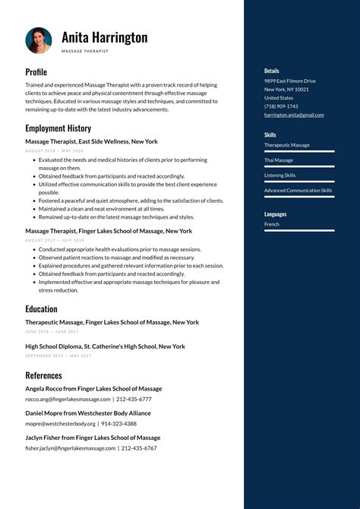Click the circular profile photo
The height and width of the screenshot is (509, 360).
tap(39, 41)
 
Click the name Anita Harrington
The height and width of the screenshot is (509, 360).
tap(105, 37)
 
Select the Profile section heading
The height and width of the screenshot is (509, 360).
tap(36, 72)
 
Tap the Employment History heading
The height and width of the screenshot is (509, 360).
tap(58, 128)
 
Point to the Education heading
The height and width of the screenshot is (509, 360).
tap(41, 309)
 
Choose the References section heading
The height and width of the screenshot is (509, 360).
tap(43, 375)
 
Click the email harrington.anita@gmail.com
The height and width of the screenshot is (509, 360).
tap(294, 115)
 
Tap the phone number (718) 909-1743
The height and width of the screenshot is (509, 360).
tap(281, 106)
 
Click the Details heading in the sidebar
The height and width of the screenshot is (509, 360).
tap(272, 71)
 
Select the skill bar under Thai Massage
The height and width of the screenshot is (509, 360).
tap(299, 167)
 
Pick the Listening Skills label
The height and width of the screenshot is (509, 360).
tap(280, 175)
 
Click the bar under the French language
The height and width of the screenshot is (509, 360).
tap(299, 231)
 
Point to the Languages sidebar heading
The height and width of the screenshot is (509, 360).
tap(275, 214)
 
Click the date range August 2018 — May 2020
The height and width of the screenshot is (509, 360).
tap(54, 150)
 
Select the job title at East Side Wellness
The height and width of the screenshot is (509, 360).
tap(91, 141)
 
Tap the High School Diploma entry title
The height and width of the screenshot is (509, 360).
tap(105, 346)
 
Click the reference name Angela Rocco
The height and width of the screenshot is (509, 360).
tap(93, 389)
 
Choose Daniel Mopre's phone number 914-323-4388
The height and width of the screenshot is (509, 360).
tap(119, 424)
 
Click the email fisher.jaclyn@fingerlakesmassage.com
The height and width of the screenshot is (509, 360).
tap(71, 448)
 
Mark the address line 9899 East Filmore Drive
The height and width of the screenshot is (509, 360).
tap(290, 81)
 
